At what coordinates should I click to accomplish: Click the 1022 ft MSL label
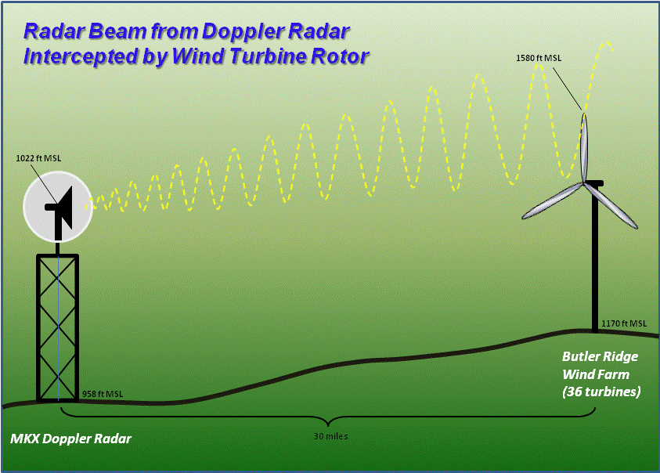point(38,158)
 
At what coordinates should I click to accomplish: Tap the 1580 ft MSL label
point(539,58)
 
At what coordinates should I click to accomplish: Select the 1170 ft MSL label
point(624,323)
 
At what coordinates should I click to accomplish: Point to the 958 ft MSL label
point(103,394)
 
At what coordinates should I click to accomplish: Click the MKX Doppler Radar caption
point(70,439)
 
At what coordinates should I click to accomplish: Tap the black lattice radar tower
point(58,329)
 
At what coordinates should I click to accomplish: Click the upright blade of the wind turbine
point(584,147)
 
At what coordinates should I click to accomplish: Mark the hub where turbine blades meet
point(584,184)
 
